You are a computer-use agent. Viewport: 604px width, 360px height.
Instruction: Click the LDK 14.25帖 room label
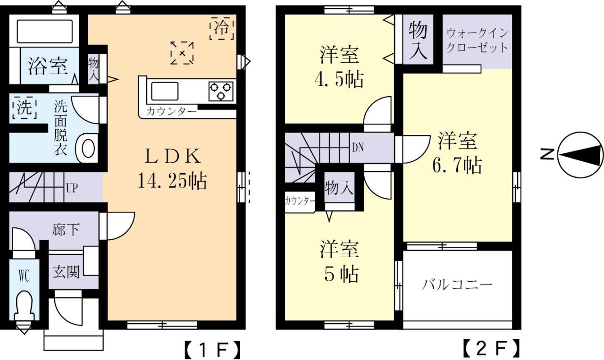click(172, 167)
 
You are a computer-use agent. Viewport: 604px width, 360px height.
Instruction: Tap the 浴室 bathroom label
click(47, 67)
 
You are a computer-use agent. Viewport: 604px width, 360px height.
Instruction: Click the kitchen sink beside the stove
click(164, 90)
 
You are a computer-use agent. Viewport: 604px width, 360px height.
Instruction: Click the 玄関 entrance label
click(66, 272)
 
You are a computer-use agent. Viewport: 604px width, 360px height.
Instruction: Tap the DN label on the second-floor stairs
click(357, 147)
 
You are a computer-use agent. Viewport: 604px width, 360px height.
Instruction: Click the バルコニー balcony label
click(457, 285)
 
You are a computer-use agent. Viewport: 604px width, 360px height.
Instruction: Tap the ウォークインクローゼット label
click(477, 41)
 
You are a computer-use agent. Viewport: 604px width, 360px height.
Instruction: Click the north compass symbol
click(580, 154)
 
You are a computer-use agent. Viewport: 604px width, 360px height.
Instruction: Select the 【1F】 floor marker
click(212, 350)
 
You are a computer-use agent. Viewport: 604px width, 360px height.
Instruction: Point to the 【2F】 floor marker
click(491, 350)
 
